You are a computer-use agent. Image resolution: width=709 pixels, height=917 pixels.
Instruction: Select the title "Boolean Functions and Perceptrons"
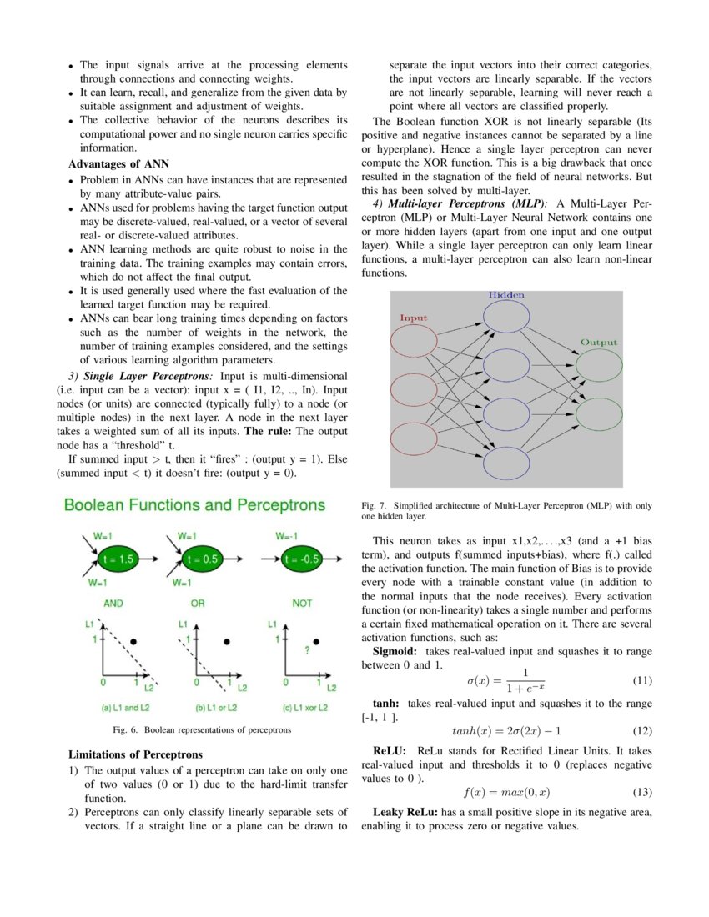point(194,506)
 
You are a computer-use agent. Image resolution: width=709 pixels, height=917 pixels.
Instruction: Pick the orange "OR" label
point(197,602)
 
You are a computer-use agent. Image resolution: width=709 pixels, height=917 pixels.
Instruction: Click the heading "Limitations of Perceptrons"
point(136,755)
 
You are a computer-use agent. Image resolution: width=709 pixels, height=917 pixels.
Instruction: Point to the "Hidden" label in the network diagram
point(506,296)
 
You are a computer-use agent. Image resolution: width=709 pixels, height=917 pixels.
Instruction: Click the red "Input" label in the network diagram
point(414,318)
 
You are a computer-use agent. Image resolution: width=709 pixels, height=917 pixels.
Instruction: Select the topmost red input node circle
point(415,343)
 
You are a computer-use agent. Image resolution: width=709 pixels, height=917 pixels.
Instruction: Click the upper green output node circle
point(599,365)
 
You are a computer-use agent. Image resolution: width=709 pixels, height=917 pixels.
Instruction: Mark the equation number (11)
point(641,679)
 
